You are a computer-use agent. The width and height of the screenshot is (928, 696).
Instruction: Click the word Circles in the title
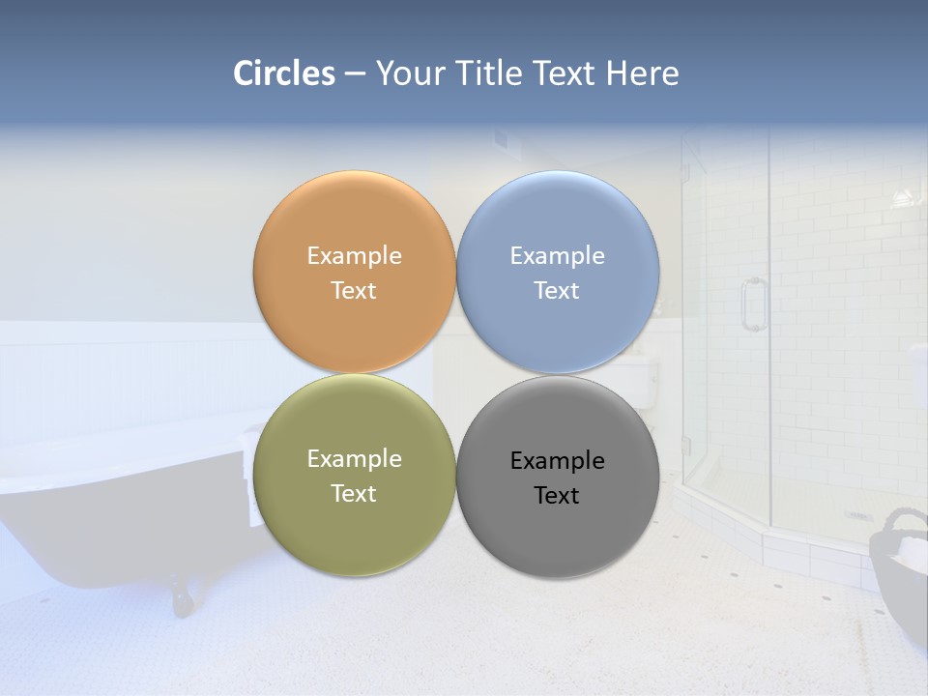(284, 73)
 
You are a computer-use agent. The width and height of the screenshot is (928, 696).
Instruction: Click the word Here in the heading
(643, 73)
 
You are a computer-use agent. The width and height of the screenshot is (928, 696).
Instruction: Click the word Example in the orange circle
(354, 256)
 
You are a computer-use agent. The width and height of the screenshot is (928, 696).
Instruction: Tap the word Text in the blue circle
(557, 291)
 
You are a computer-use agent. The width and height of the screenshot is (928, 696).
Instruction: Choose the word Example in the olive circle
(354, 459)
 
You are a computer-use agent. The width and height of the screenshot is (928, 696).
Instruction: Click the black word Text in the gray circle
(557, 496)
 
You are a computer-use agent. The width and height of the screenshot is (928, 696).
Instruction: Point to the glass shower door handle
(751, 304)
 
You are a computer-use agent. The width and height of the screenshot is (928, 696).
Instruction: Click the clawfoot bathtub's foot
(181, 595)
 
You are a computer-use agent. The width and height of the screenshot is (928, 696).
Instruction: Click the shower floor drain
(858, 515)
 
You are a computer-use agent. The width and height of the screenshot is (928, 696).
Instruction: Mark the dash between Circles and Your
(355, 74)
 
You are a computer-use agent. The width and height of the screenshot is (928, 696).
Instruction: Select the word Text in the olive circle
(354, 494)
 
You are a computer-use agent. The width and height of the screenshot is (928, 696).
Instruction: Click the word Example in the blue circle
(557, 256)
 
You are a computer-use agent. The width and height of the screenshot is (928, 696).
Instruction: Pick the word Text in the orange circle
(354, 291)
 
